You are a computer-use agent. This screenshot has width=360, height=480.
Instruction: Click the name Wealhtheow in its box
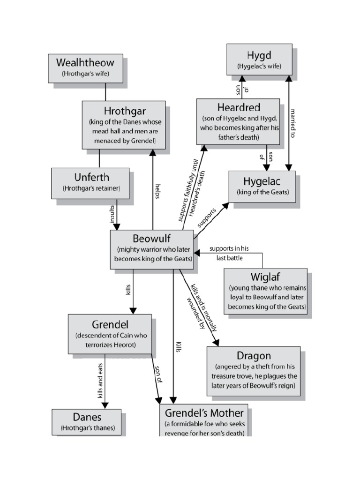(85, 62)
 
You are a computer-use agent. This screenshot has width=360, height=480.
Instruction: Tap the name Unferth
(91, 178)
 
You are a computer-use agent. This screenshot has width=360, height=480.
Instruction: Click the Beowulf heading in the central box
(151, 238)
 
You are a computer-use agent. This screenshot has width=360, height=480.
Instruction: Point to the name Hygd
(259, 55)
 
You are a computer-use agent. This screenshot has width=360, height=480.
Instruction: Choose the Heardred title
(238, 108)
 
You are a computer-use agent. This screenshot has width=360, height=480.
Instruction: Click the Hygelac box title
(262, 181)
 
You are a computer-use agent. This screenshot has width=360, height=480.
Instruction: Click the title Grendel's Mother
(204, 413)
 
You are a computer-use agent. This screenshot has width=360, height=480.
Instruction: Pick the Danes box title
(87, 417)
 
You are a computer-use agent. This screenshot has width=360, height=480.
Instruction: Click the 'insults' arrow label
(112, 214)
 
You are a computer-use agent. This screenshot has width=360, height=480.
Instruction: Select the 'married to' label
(293, 123)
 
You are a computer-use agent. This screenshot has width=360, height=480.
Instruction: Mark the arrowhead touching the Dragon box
(217, 343)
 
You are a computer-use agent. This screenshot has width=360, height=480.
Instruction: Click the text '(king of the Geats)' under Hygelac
(262, 192)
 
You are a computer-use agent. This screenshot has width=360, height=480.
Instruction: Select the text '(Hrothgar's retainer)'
(91, 188)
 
